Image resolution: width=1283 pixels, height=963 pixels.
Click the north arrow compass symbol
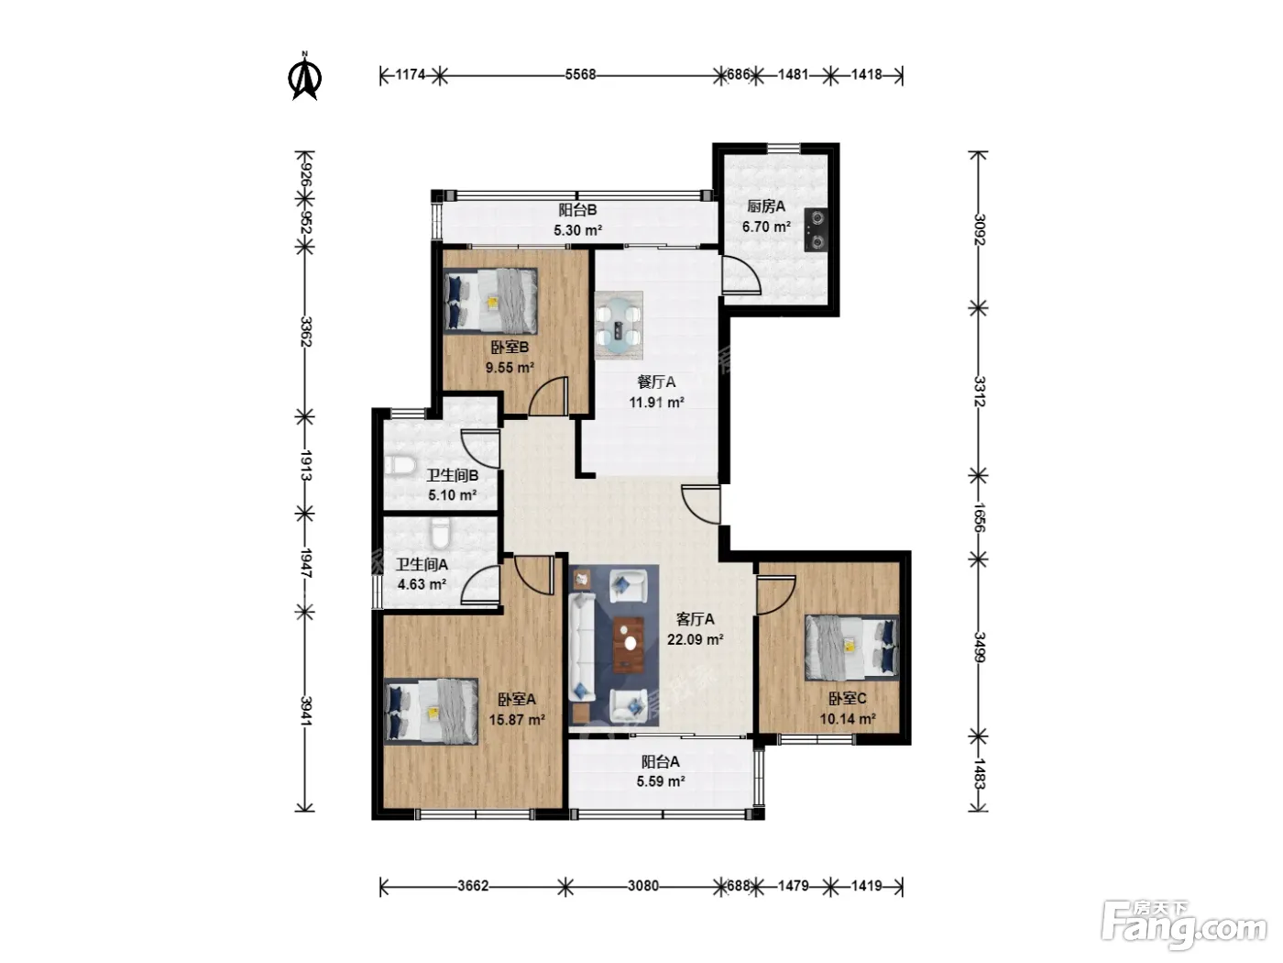click(x=304, y=76)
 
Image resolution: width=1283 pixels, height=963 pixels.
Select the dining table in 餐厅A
click(x=619, y=326)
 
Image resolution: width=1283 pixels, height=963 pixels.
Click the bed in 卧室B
click(x=489, y=301)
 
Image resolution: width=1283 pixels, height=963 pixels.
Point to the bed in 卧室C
click(x=851, y=648)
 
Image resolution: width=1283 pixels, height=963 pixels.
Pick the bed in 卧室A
click(x=431, y=711)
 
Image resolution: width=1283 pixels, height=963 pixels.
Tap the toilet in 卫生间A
click(x=440, y=533)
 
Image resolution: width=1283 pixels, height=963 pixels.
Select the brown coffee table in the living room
click(x=629, y=645)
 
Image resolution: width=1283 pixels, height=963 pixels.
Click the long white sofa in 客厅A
click(x=582, y=648)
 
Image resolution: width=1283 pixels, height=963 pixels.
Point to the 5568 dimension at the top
click(x=580, y=75)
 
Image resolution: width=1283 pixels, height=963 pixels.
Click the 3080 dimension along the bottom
click(x=643, y=886)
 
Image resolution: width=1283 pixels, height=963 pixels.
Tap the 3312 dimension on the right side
click(x=979, y=392)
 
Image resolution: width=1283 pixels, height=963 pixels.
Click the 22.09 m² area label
click(x=695, y=639)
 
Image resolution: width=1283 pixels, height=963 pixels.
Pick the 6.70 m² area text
click(x=766, y=227)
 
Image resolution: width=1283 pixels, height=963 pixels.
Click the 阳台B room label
click(x=577, y=209)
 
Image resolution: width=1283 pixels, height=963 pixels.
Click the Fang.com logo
click(x=1184, y=926)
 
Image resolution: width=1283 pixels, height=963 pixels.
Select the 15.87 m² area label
click(x=517, y=719)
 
